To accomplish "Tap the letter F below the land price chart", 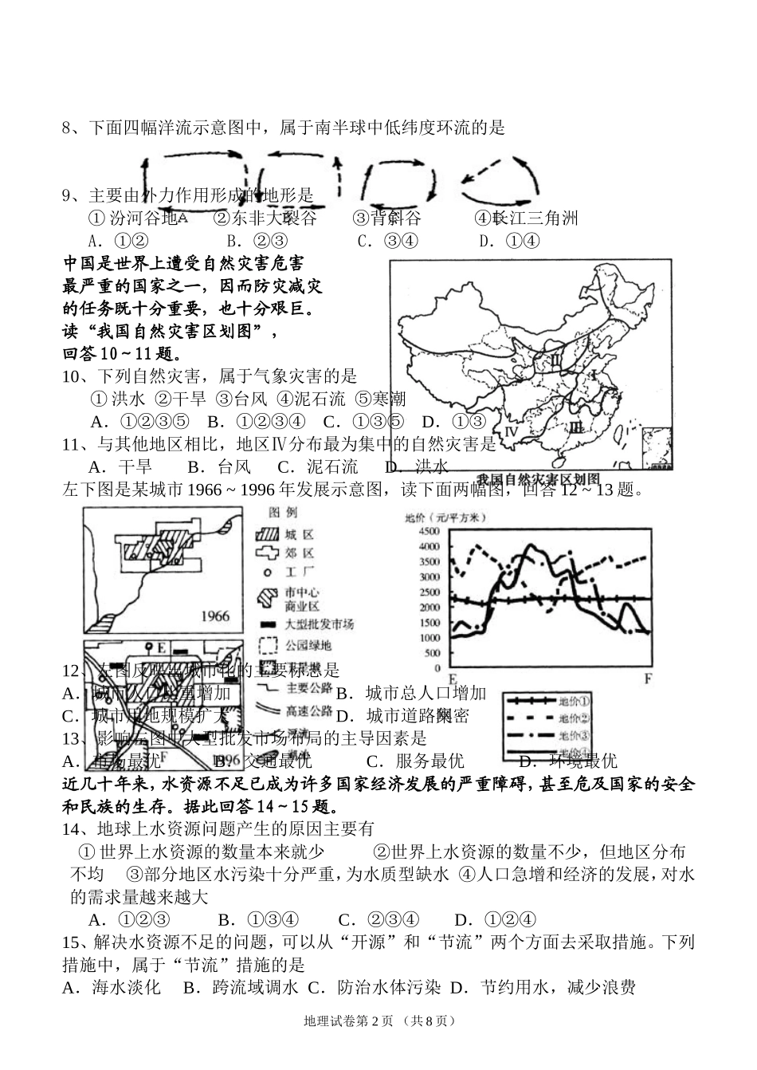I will click(647, 679).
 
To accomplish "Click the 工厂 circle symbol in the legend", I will click(267, 572).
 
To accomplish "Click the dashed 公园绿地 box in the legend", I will click(267, 644).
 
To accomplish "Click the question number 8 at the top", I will click(67, 128).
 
